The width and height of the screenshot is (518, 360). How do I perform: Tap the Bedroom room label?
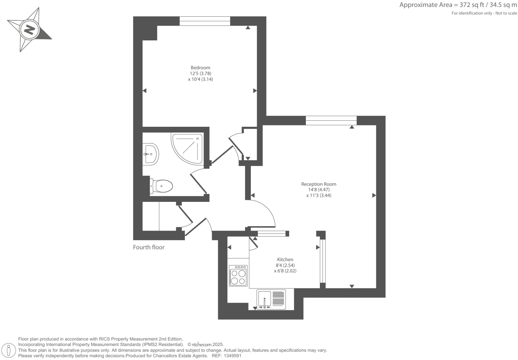pyautogui.click(x=200, y=68)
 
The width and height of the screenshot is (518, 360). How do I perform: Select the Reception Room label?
pyautogui.click(x=319, y=184)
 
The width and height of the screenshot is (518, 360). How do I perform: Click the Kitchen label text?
pyautogui.click(x=285, y=260)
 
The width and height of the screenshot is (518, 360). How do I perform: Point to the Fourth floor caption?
pyautogui.click(x=149, y=247)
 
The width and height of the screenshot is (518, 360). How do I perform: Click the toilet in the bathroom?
pyautogui.click(x=162, y=186)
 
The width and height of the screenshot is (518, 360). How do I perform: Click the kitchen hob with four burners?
pyautogui.click(x=238, y=275)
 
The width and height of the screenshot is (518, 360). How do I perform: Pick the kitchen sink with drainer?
pyautogui.click(x=271, y=299)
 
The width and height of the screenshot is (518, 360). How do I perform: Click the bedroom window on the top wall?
pyautogui.click(x=205, y=21)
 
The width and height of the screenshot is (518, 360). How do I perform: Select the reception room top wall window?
pyautogui.click(x=331, y=120)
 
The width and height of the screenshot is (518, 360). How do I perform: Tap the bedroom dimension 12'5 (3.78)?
pyautogui.click(x=200, y=73)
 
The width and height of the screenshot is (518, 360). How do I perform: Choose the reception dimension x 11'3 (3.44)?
pyautogui.click(x=319, y=196)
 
